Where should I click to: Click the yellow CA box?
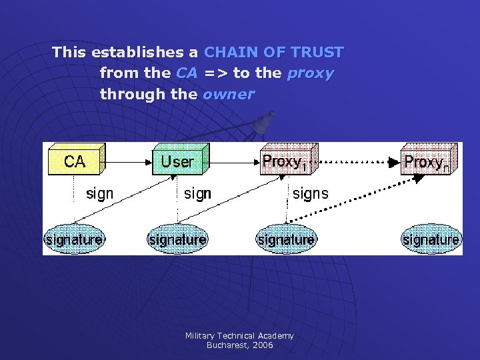click(75, 161)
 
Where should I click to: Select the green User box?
click(178, 161)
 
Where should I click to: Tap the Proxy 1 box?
click(285, 161)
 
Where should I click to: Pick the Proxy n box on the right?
click(427, 161)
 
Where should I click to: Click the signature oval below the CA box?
click(73, 239)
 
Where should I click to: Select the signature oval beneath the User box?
click(177, 239)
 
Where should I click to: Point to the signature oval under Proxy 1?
click(286, 239)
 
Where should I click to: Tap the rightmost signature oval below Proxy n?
click(431, 239)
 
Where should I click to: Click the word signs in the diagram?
click(311, 194)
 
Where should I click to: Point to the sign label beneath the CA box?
click(100, 194)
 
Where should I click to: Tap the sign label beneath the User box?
click(197, 194)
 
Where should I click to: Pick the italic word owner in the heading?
click(228, 94)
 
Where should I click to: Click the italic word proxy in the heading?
click(310, 73)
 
